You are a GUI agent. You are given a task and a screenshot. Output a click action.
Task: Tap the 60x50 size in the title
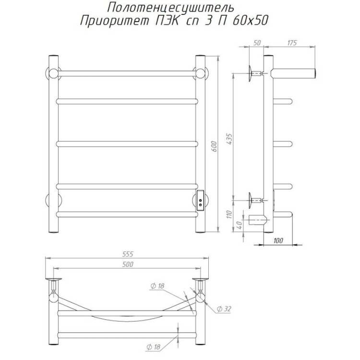click(250, 21)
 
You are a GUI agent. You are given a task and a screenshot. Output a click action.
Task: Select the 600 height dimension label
click(214, 146)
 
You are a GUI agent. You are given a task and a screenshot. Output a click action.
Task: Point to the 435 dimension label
click(229, 139)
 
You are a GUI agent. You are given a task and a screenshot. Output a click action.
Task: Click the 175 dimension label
click(292, 43)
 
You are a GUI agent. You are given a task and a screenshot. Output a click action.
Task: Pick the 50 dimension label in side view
click(257, 43)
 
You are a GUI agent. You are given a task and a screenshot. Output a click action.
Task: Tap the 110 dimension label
click(229, 214)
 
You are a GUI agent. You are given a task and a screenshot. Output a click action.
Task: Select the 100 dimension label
click(278, 240)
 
